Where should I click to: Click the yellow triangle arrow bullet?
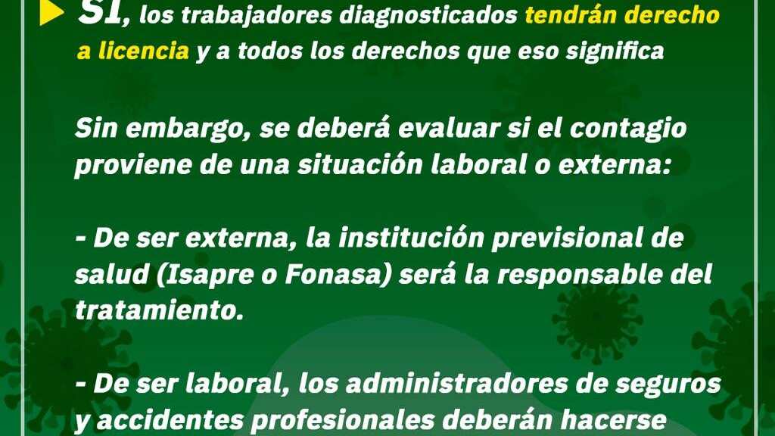point(51,13)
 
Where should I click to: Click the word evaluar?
point(449,128)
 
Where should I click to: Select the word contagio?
point(628,129)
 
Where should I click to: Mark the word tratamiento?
point(159,310)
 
